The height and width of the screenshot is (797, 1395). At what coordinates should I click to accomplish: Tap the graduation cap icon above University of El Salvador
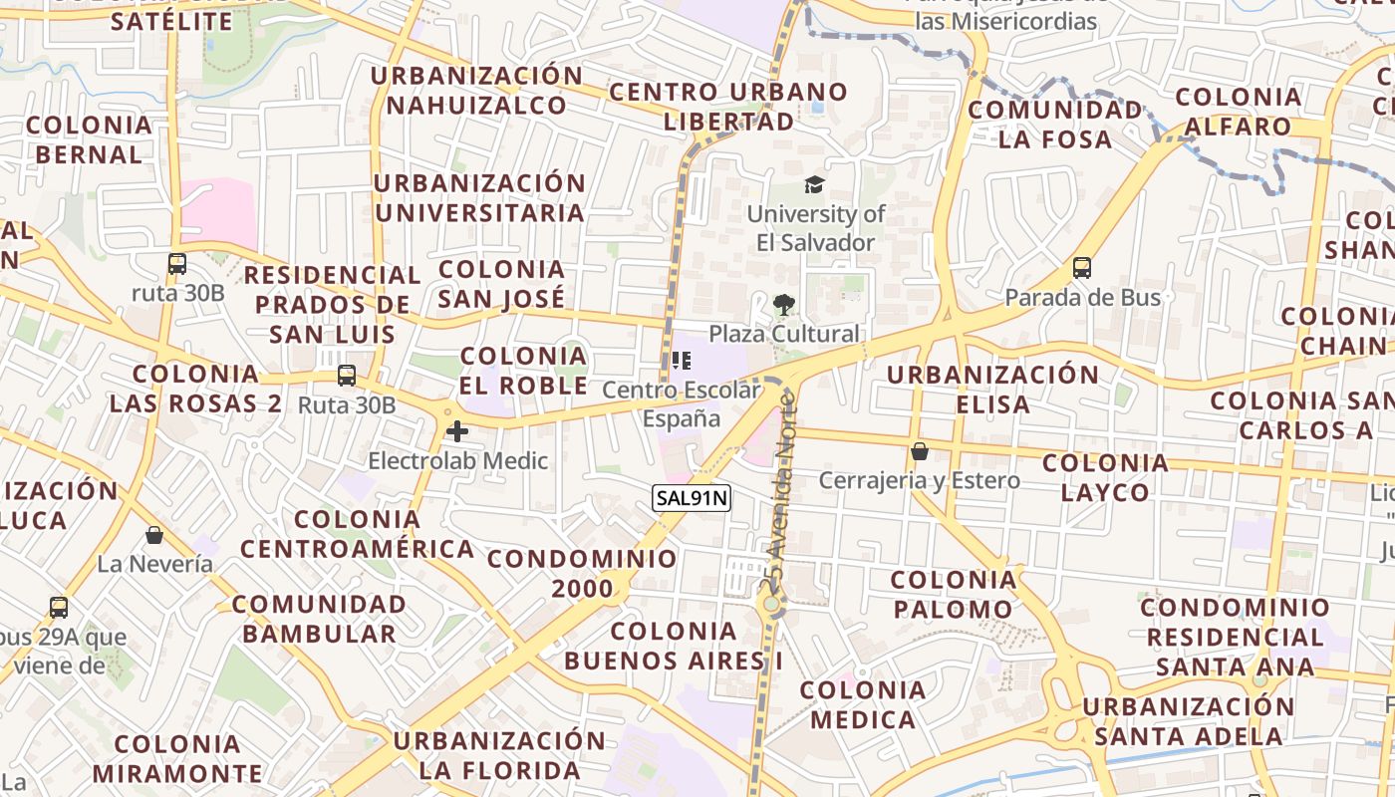[x=815, y=184]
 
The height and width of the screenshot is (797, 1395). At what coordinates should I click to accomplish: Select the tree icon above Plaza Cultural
[x=784, y=305]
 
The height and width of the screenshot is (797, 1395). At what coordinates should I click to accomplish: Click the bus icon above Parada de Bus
[x=1082, y=268]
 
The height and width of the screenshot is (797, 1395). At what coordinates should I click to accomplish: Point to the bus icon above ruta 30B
[x=177, y=264]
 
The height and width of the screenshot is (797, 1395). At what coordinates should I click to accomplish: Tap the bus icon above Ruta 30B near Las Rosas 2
[x=347, y=376]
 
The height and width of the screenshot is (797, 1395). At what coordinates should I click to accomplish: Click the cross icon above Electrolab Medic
[x=457, y=431]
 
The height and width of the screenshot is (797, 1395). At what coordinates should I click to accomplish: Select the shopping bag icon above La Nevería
[x=154, y=535]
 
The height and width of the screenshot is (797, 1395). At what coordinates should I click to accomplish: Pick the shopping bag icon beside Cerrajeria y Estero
[x=920, y=451]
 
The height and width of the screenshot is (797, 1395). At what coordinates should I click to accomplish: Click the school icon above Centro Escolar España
[x=682, y=360]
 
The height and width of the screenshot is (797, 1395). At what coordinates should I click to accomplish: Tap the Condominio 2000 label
[x=583, y=573]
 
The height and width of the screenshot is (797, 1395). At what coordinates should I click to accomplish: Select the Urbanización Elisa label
[x=992, y=390]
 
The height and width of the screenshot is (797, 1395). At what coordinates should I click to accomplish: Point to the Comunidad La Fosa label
[x=1055, y=125]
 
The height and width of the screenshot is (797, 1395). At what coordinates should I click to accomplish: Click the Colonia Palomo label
[x=954, y=594]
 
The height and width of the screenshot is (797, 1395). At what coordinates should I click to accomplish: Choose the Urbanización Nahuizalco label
[x=477, y=91]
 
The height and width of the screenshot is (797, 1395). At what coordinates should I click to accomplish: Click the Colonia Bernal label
[x=89, y=139]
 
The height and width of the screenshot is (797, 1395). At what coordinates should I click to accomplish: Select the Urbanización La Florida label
[x=499, y=755]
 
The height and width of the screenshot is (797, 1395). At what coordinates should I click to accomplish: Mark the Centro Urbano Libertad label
[x=728, y=107]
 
